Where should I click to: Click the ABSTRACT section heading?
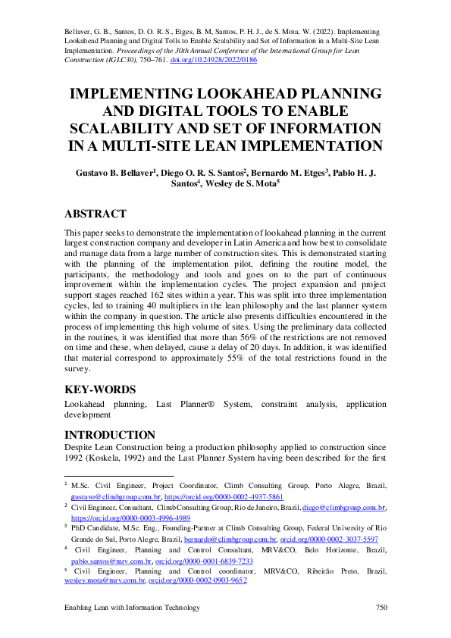95,214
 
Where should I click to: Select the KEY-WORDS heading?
100,389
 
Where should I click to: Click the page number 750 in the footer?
381,608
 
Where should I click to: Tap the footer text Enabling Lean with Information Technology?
132,608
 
